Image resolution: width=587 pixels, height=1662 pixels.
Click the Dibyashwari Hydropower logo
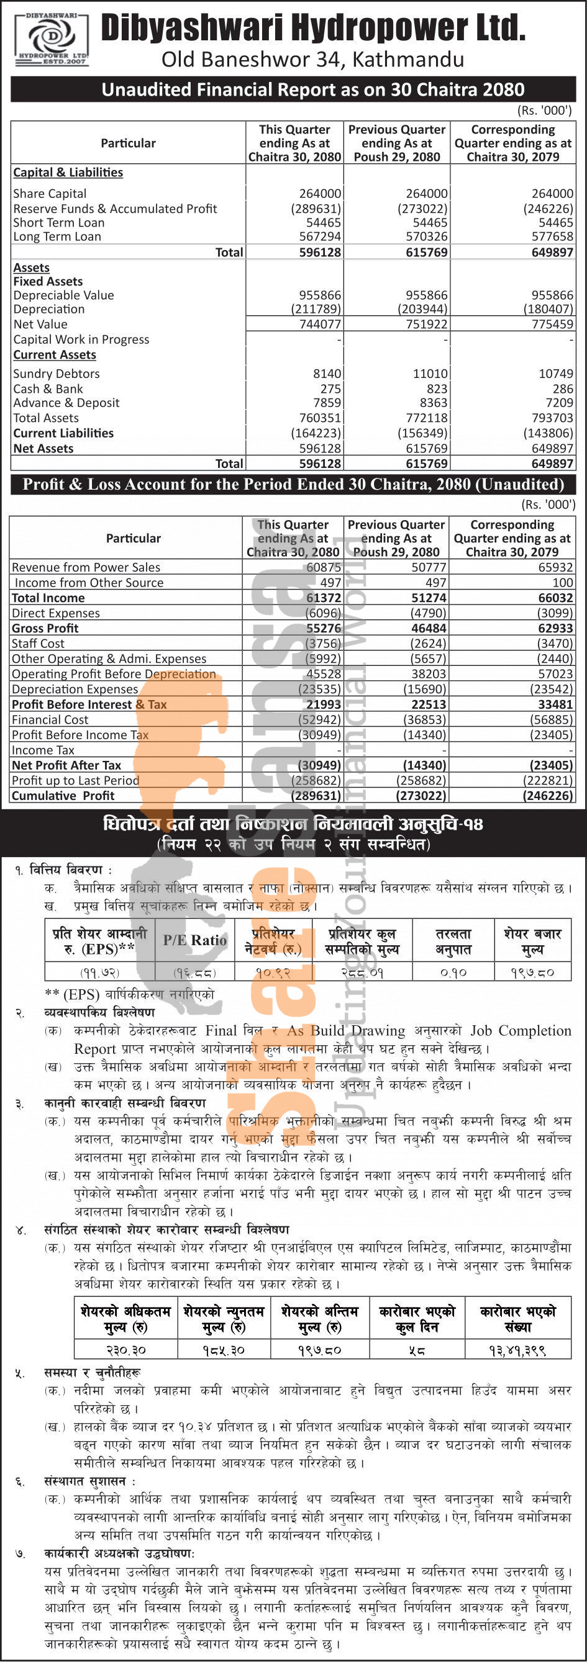pos(51,38)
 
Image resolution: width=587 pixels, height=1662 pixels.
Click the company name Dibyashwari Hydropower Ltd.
pos(313,29)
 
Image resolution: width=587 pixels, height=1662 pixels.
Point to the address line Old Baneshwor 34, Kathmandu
pos(312,60)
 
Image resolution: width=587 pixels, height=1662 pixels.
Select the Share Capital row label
pos(50,194)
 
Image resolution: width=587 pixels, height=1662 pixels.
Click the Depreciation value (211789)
pos(316,309)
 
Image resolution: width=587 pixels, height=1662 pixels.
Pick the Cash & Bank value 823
pos(437,389)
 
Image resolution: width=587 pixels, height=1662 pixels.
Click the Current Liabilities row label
pos(63,433)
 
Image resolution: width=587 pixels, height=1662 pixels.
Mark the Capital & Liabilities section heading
pos(68,173)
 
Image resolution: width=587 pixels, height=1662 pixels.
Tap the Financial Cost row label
pos(50,719)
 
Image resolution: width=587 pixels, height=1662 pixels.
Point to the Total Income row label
pos(48,598)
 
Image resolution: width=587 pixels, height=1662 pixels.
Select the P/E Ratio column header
pos(194,941)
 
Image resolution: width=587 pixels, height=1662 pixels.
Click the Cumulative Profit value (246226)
pos(548,796)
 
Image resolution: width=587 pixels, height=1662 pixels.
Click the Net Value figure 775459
pos(552,325)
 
